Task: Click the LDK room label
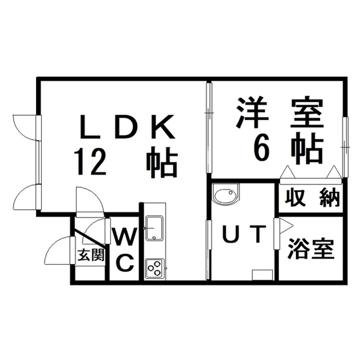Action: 127,127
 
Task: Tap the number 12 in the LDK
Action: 90,161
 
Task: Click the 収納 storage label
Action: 312,197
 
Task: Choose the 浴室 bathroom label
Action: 311,249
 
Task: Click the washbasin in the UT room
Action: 225,194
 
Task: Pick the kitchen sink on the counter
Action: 154,228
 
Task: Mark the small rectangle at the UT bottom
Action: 263,275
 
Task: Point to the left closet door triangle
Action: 287,172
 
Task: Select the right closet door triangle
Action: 334,172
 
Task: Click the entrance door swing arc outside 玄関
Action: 53,244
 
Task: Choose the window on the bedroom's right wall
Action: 345,147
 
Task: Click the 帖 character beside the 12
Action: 162,162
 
